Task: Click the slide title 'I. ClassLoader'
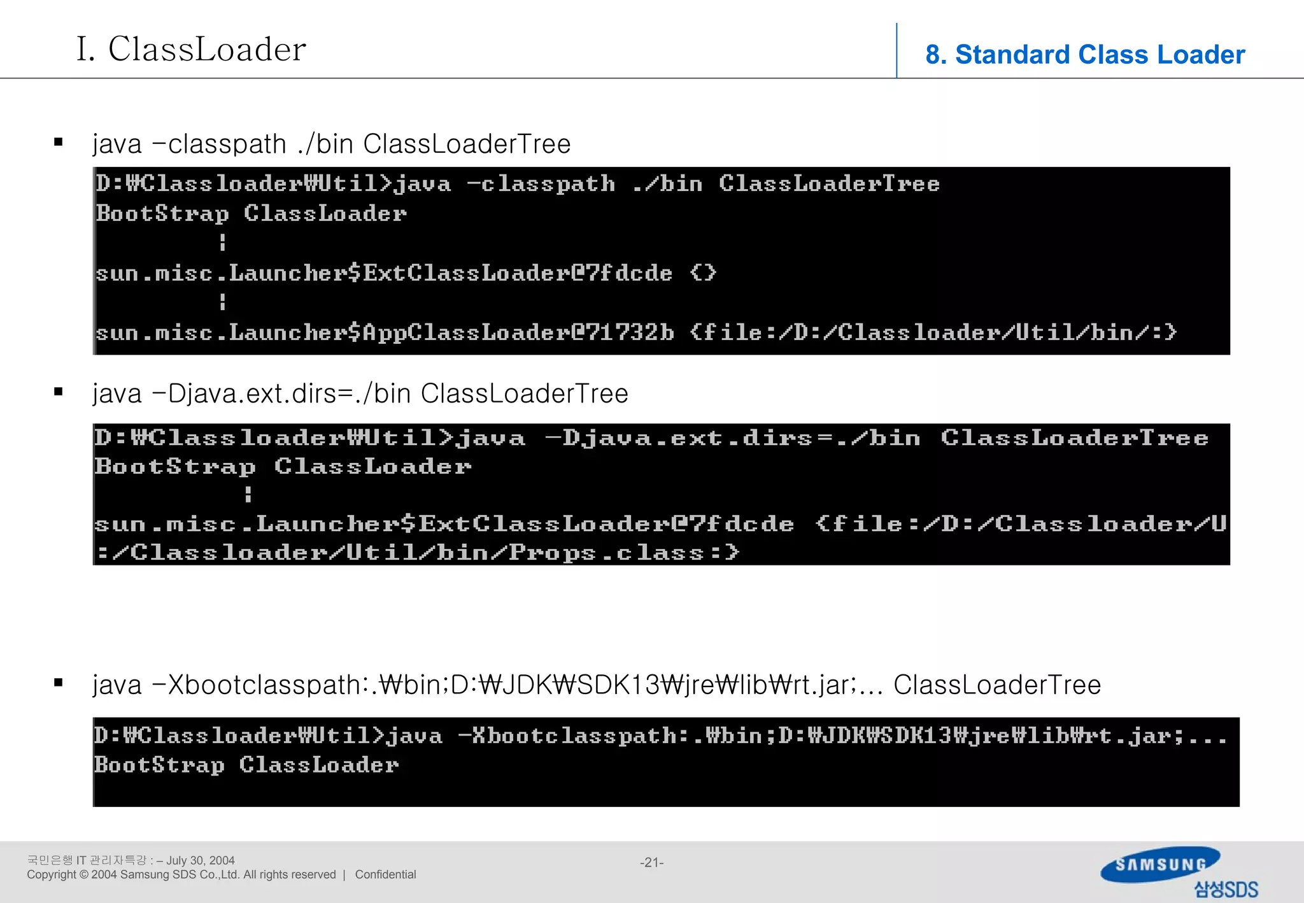(191, 49)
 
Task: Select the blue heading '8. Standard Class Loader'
(1084, 55)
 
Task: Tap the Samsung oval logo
(1160, 864)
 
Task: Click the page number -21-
(651, 862)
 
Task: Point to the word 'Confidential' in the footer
(385, 875)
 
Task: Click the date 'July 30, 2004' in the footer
(200, 860)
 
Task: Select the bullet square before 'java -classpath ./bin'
(59, 143)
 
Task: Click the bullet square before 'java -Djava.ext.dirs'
(59, 392)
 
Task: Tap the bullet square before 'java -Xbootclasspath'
(59, 683)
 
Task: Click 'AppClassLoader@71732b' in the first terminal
(518, 332)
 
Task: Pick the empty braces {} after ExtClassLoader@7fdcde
(703, 273)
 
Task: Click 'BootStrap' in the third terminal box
(160, 765)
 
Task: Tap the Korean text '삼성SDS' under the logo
(1226, 889)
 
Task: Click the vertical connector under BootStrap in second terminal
(248, 494)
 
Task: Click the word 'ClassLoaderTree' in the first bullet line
(467, 144)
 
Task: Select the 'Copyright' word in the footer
(51, 875)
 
